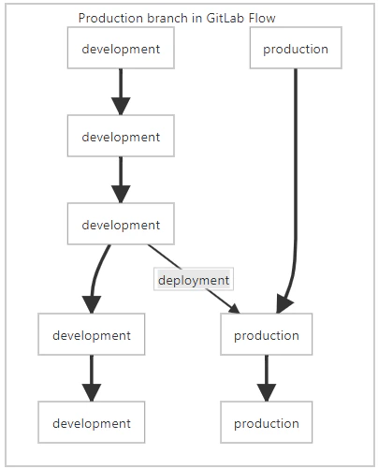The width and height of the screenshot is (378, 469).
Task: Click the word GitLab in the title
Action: click(221, 18)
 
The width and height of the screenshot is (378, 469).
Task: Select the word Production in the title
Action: click(111, 18)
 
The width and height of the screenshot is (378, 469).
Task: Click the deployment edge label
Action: click(194, 280)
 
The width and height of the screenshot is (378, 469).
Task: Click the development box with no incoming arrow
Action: click(121, 48)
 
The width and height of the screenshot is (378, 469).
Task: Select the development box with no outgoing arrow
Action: click(92, 422)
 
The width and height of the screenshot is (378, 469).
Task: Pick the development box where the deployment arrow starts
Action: click(121, 224)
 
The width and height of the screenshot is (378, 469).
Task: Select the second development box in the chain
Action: click(121, 136)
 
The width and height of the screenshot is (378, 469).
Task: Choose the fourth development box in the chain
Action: click(92, 334)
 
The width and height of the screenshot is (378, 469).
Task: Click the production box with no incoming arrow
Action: click(296, 48)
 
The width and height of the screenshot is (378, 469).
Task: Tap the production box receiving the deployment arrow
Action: click(267, 334)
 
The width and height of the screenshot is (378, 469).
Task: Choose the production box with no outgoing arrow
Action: click(267, 422)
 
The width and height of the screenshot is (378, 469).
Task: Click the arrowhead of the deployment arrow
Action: click(235, 309)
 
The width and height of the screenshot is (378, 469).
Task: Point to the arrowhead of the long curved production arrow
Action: click(283, 303)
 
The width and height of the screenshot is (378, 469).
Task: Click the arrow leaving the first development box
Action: click(121, 92)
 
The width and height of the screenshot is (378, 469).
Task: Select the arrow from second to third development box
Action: click(121, 180)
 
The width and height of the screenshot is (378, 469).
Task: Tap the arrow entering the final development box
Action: click(92, 378)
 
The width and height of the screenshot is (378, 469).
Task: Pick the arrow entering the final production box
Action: click(267, 378)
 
